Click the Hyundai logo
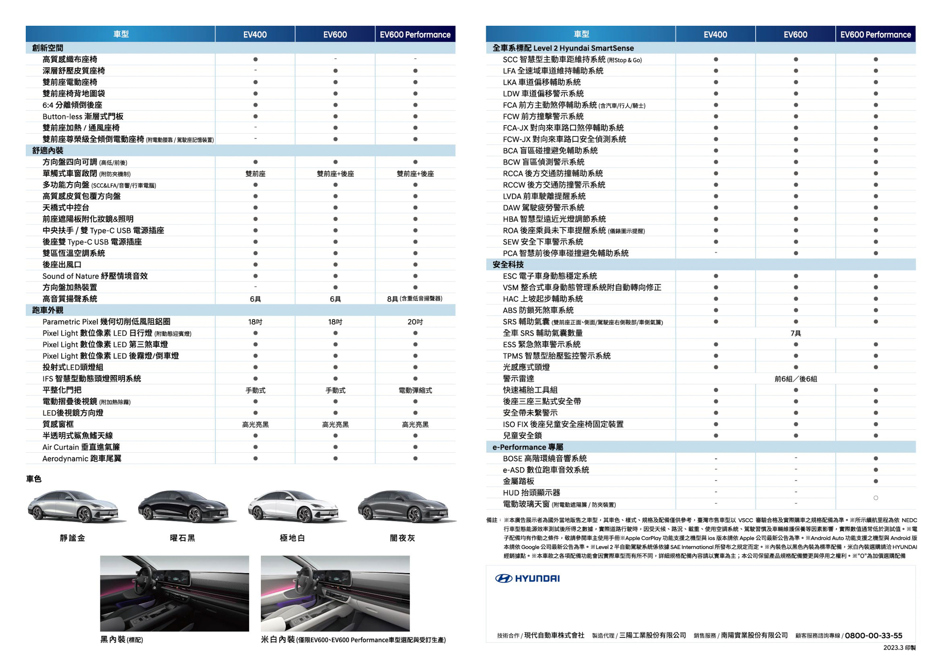pos(527,578)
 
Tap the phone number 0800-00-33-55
pos(873,635)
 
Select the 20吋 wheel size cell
pos(415,322)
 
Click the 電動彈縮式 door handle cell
pos(415,390)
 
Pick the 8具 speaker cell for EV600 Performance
pos(415,299)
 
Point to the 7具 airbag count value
pos(796,333)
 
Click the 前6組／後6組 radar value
pos(796,379)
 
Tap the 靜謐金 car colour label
pos(73,538)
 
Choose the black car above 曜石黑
pos(186,506)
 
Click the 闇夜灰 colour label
pos(402,538)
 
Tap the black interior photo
pos(174,593)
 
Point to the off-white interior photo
pos(335,593)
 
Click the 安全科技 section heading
pos(508,265)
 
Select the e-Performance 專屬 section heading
pos(528,447)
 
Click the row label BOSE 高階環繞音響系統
pos(544,458)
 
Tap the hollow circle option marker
pos(876,498)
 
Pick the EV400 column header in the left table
pos(255,34)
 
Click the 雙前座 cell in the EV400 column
pos(255,174)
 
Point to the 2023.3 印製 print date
pos(899,648)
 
